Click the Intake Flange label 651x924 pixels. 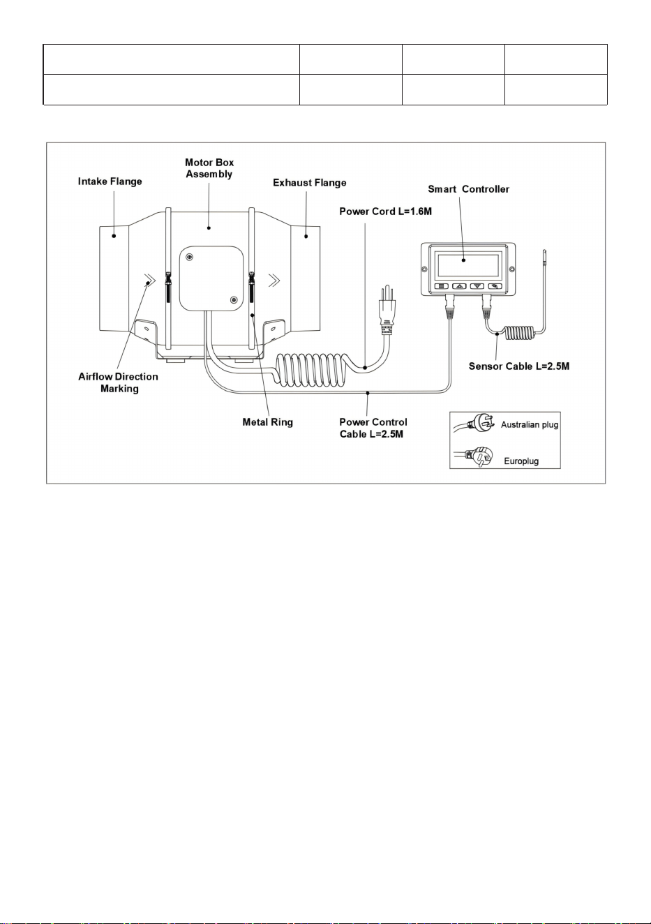(110, 181)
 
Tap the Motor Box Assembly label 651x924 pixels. (209, 168)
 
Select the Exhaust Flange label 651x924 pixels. (309, 183)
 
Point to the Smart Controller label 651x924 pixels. (468, 189)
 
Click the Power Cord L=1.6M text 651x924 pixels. (385, 211)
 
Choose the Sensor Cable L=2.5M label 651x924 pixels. (519, 366)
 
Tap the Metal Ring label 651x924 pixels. (268, 422)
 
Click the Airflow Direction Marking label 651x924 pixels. (119, 382)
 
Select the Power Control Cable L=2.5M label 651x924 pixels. (373, 428)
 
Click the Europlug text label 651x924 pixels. (521, 461)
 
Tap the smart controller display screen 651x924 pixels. (468, 264)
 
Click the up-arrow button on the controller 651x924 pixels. (459, 286)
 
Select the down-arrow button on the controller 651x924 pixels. (477, 286)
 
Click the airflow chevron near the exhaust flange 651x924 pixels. (274, 281)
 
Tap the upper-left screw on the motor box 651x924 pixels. (189, 257)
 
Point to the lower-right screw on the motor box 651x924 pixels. (234, 299)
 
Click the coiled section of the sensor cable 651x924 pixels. (521, 332)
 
